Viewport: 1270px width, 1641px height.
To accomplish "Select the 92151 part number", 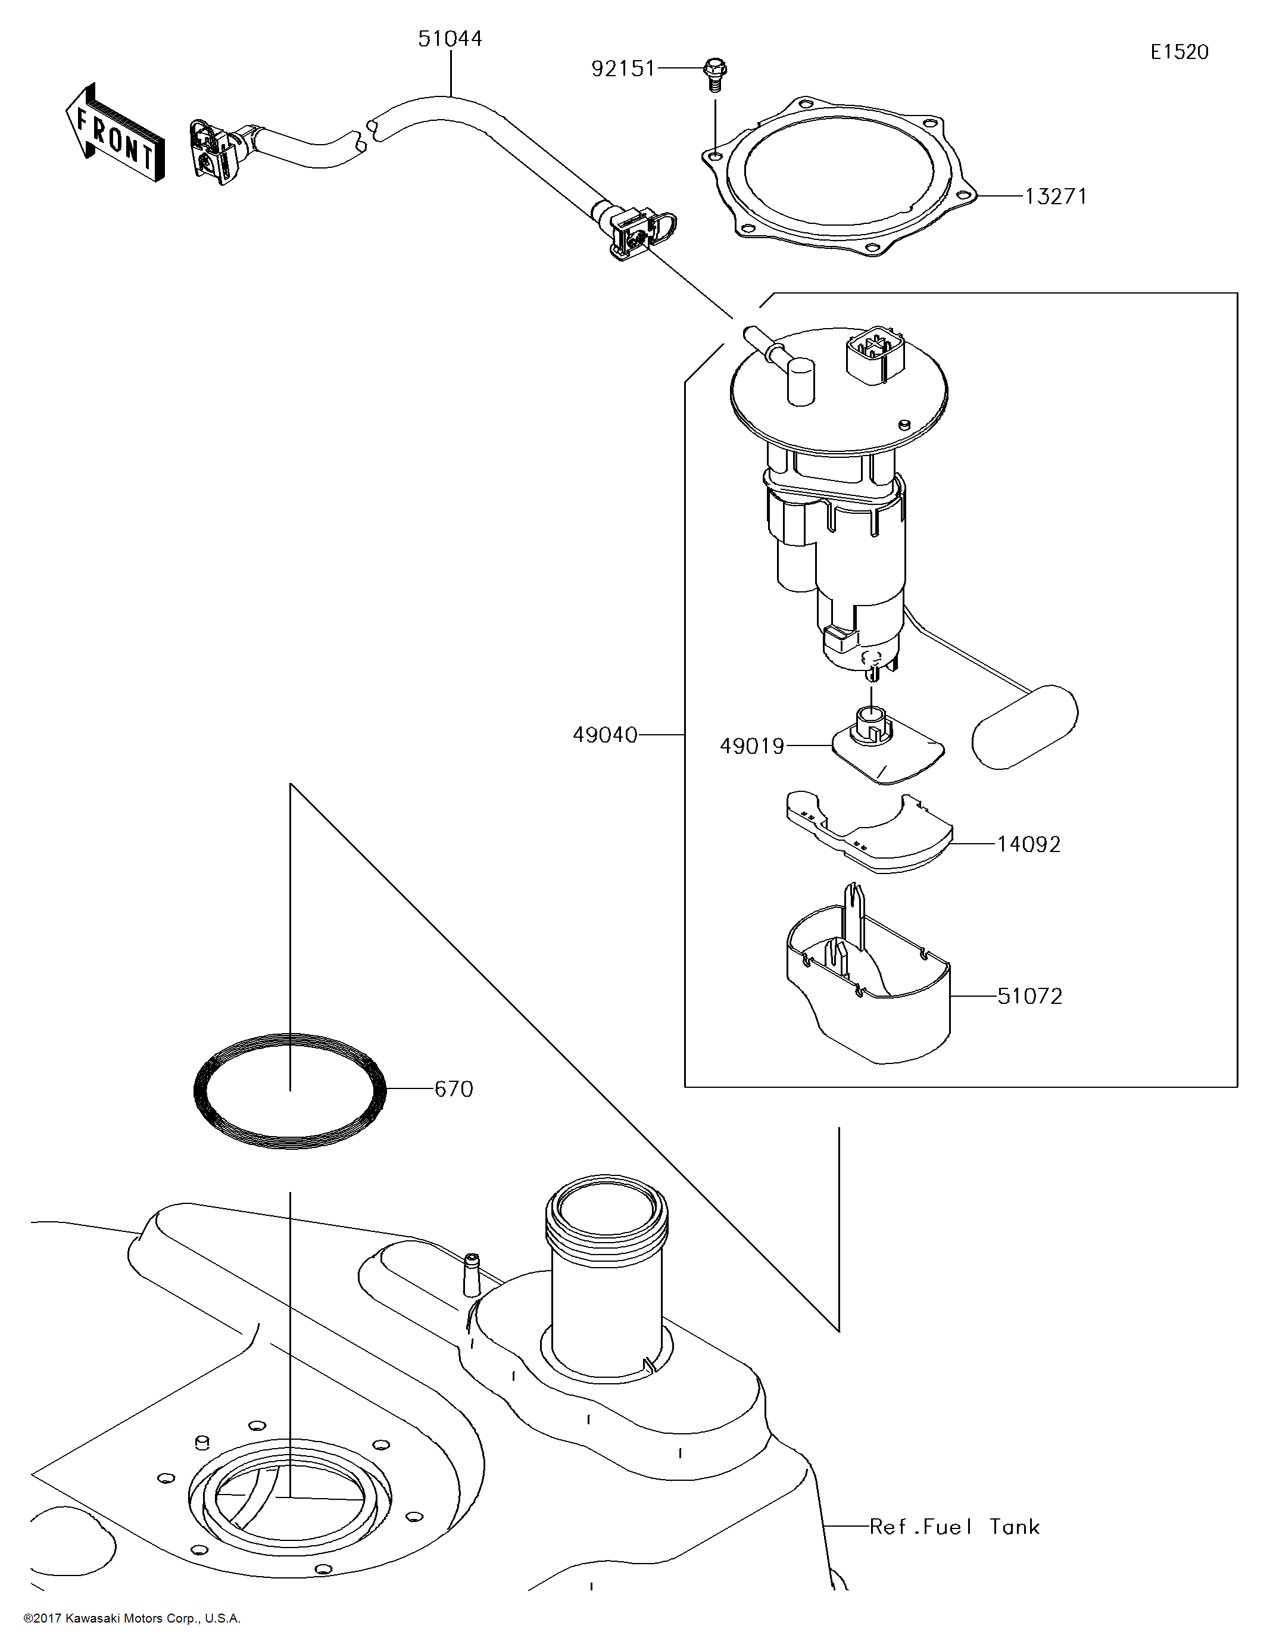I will tap(623, 69).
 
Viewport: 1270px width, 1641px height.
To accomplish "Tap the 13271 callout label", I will tap(1056, 197).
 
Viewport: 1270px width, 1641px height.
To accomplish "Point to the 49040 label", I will tap(605, 735).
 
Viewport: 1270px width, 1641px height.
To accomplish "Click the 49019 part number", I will tap(751, 746).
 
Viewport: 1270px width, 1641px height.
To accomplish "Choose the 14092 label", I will tap(1029, 844).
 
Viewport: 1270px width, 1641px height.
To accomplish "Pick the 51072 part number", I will tap(1029, 996).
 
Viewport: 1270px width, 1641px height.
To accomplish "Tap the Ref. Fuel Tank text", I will tap(954, 1527).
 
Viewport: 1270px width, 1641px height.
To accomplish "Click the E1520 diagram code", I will tap(1179, 52).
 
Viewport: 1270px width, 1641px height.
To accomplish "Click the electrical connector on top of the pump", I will tap(875, 355).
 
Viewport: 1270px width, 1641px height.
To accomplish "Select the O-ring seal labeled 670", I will tap(291, 1091).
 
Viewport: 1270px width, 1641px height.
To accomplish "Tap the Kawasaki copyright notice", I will tap(132, 1618).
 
